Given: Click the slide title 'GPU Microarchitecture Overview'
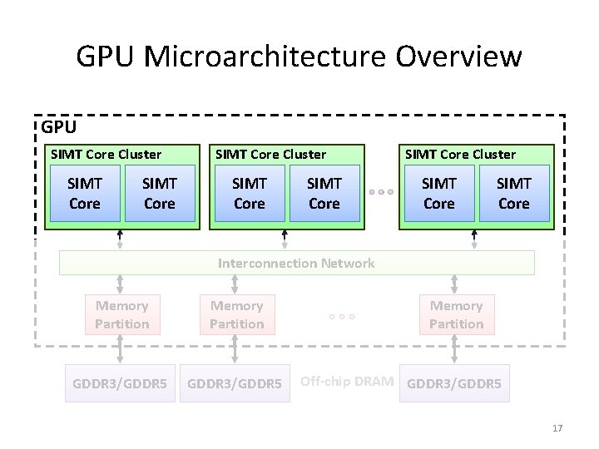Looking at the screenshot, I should [x=299, y=57].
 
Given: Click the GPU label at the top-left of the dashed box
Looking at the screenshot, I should [x=59, y=127].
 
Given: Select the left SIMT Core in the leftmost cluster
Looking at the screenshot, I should [x=85, y=193].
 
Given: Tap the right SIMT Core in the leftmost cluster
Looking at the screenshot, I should [x=159, y=193].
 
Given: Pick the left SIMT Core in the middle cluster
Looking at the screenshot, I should [x=250, y=193].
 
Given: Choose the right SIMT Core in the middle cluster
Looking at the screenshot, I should [x=324, y=193].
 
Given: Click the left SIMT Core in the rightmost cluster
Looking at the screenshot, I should [x=439, y=193].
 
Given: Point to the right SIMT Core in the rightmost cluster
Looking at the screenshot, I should [x=514, y=193].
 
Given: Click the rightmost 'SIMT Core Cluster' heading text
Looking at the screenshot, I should [x=460, y=154].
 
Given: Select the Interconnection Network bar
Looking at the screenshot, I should [x=296, y=263].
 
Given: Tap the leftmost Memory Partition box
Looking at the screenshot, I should [x=122, y=314].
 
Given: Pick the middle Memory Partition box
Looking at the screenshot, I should [x=237, y=314].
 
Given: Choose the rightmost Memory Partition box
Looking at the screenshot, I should [x=456, y=314].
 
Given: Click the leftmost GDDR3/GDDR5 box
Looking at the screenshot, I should [x=120, y=383].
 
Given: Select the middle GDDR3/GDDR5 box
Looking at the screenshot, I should [x=235, y=383].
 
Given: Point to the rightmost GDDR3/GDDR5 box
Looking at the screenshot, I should [x=454, y=383].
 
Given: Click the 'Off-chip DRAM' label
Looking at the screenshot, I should [x=347, y=381].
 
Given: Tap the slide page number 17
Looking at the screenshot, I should [x=557, y=428].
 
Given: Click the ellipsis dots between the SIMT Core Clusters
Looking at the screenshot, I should [x=380, y=192].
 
